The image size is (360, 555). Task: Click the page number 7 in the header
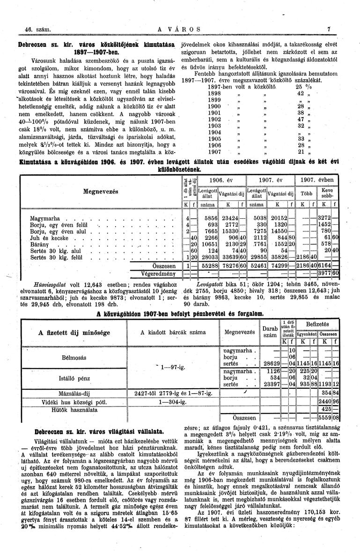point(330,29)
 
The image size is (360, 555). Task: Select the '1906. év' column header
point(221,180)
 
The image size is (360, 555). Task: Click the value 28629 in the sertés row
point(272,363)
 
